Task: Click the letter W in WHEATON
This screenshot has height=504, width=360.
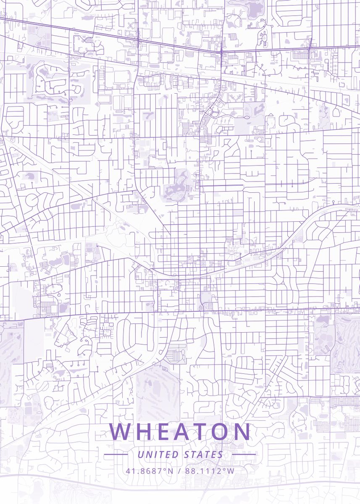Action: tap(121, 432)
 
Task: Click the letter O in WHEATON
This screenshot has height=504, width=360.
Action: tap(222, 432)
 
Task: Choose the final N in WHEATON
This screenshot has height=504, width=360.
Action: tap(243, 432)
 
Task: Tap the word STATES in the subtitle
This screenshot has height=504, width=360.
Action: tap(204, 454)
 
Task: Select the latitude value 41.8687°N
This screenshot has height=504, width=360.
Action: tap(149, 470)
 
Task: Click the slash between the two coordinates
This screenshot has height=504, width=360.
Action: tap(179, 470)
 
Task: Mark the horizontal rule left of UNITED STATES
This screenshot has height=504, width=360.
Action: tap(116, 454)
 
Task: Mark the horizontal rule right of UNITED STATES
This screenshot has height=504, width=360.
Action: tap(244, 454)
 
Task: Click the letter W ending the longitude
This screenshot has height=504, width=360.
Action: tap(231, 470)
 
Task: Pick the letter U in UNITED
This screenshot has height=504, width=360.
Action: tap(140, 454)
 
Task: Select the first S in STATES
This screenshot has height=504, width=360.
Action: tap(187, 454)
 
